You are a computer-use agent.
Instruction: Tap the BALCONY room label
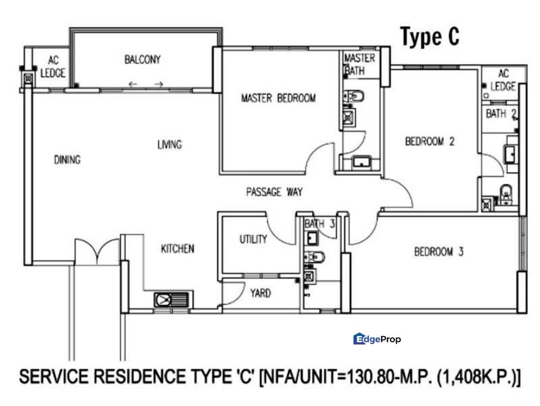coord(142,59)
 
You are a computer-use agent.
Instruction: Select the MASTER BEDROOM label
coord(278,98)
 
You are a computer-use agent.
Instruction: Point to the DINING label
coord(67,160)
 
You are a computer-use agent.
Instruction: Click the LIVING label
coord(169,145)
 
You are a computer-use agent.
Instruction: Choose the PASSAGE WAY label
coord(274,192)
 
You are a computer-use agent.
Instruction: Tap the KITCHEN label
coord(178,249)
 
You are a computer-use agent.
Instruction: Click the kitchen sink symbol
coord(173,299)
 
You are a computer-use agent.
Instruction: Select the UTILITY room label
coord(253,239)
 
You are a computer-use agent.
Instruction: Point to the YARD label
coord(260,293)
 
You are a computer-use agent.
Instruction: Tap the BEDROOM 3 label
coord(438,252)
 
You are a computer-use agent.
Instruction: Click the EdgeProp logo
coord(377,339)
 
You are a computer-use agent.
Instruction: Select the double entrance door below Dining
coord(97,251)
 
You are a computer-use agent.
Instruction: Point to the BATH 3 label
coord(319,224)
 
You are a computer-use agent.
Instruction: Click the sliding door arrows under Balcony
coord(146,85)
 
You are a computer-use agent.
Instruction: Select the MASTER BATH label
coord(359,64)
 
